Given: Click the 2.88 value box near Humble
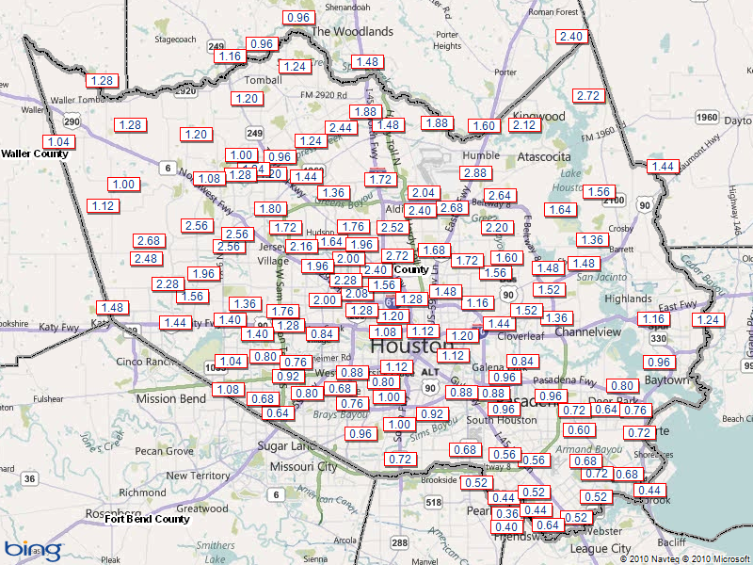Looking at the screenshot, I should point(474,173).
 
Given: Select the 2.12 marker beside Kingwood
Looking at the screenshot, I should point(523,125).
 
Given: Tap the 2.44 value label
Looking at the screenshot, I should point(339,128).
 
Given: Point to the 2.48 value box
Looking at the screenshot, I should point(146,259).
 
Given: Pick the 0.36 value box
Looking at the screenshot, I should point(506,513).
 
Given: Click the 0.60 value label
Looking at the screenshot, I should point(578,430).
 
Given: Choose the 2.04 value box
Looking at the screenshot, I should point(424,193).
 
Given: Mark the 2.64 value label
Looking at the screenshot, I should point(499,196).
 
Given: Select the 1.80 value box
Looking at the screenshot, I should point(270,209).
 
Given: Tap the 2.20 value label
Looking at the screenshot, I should point(497,228).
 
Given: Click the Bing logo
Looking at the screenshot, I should point(33,548).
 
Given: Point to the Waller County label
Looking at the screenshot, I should point(34,153).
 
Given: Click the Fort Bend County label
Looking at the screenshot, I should point(147,519).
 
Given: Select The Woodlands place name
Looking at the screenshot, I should point(352,31).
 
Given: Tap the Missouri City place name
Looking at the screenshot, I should point(303,466).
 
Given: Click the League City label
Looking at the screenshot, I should point(601,548).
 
